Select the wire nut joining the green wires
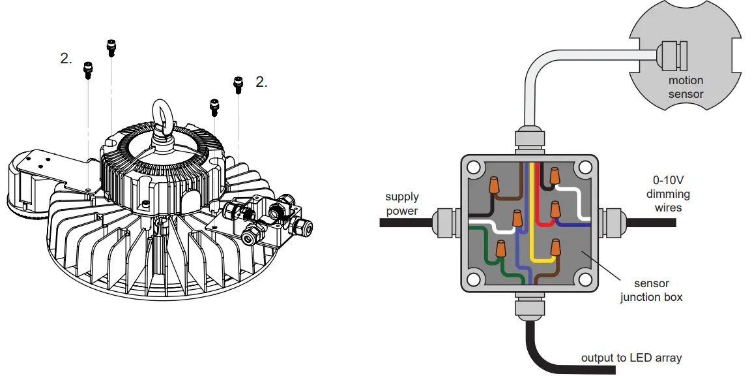pos(500,248)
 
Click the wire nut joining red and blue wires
pos(555,211)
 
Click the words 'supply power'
pos(402,204)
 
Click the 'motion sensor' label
pos(686,87)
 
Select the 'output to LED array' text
pos(631,358)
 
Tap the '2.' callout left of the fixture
pos(66,59)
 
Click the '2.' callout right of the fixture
pos(261,82)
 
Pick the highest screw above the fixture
pos(111,45)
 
